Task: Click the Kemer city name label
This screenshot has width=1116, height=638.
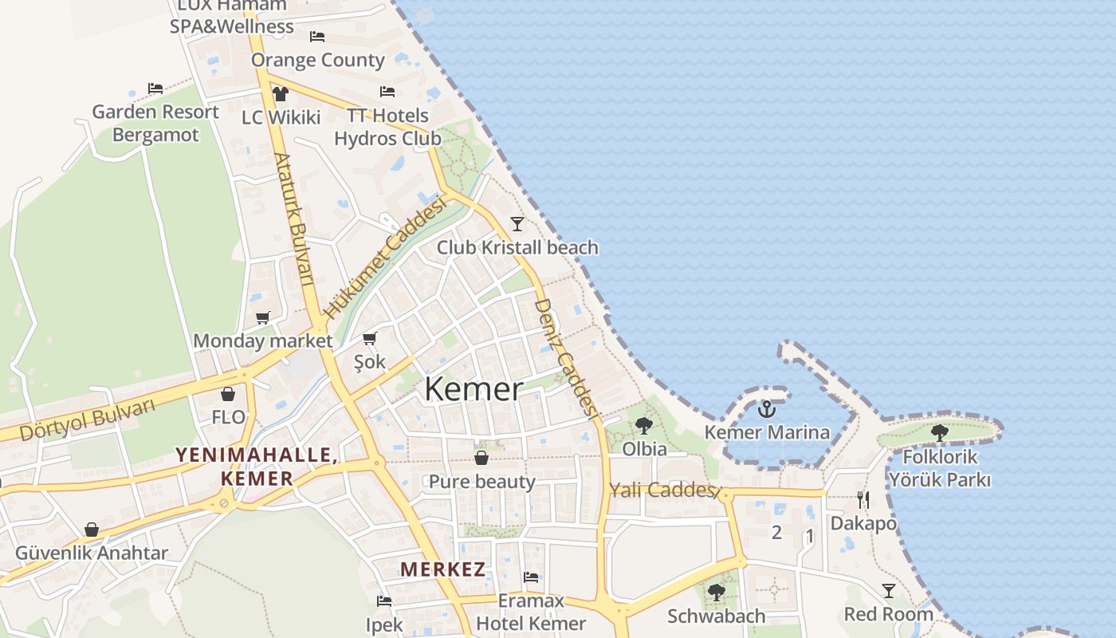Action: tap(474, 389)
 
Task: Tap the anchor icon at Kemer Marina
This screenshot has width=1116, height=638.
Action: tap(766, 409)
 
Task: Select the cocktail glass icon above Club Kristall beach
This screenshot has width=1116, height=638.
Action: tap(517, 223)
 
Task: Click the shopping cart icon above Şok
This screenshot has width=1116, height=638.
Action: tap(369, 339)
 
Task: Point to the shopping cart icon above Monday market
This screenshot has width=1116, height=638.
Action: tap(263, 317)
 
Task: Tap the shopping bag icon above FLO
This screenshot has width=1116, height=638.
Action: tap(228, 394)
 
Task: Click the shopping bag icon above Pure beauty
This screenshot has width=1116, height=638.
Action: tap(481, 458)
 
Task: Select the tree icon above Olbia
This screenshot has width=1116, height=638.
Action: tap(644, 426)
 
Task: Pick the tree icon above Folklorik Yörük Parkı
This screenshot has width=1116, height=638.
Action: tap(940, 433)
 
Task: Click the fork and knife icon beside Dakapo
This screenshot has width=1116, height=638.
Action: tap(863, 500)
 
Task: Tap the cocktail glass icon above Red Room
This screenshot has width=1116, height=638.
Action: tap(889, 591)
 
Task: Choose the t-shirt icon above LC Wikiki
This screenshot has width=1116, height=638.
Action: tap(280, 93)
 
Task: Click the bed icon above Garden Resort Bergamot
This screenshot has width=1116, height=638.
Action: tap(155, 88)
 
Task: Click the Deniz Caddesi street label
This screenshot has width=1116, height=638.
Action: tap(565, 359)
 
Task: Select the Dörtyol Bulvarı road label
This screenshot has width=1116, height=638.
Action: tap(88, 420)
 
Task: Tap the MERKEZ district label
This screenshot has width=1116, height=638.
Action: tap(443, 569)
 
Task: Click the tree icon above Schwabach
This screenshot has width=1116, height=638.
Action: tap(717, 593)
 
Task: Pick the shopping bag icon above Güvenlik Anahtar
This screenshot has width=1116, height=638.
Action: tap(92, 530)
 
